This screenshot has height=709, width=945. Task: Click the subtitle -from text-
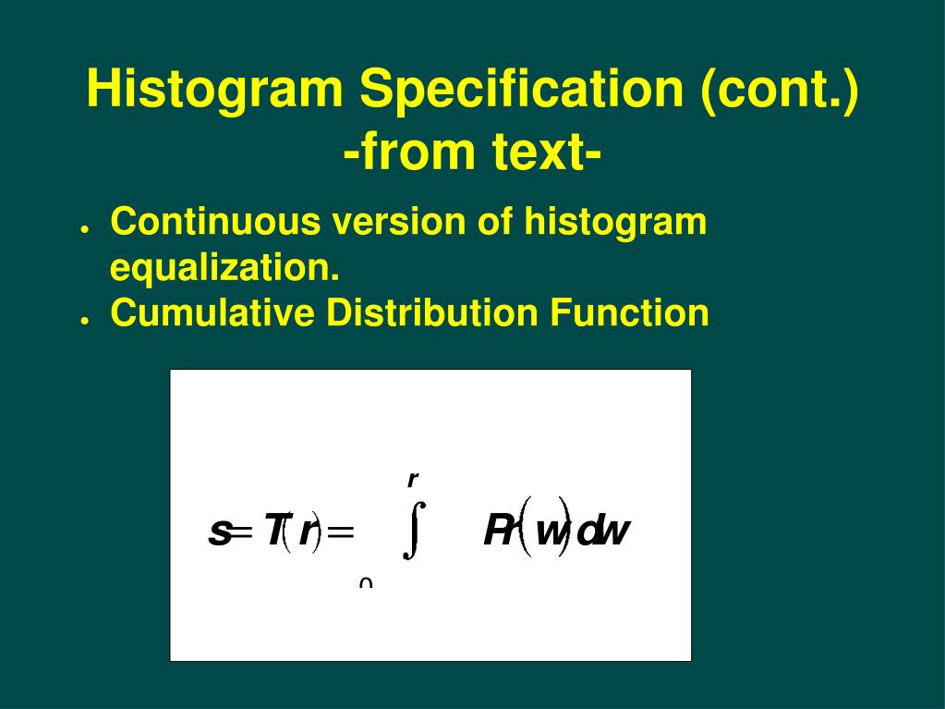[472, 153]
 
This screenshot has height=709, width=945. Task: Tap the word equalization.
[224, 269]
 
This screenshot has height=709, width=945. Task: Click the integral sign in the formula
[414, 530]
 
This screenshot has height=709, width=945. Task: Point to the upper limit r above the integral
[413, 479]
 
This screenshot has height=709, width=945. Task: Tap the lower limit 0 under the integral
[366, 583]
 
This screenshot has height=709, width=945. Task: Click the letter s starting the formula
[220, 532]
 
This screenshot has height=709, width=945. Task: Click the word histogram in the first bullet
[615, 223]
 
